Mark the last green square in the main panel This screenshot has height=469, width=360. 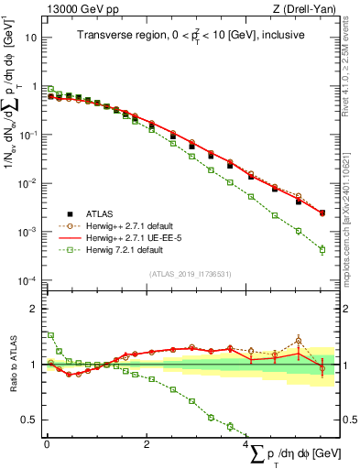pyautogui.click(x=322, y=249)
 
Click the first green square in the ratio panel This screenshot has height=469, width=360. pyautogui.click(x=50, y=335)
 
